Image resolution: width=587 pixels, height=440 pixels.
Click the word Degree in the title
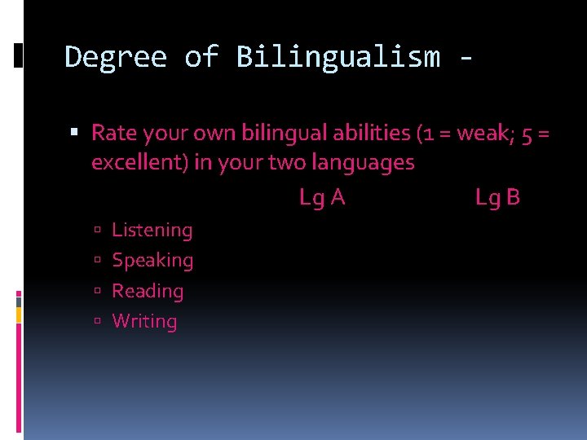coord(115,57)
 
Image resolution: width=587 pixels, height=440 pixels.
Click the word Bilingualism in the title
coord(338,57)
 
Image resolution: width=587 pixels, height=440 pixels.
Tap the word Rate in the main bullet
coord(113,132)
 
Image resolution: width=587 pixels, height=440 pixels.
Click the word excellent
coord(139,162)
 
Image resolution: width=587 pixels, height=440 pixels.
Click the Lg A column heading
coord(322,197)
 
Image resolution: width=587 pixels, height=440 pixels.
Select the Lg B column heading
coord(497,197)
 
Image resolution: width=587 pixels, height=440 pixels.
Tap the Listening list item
coord(152,230)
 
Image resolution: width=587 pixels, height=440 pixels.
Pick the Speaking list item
coord(152,260)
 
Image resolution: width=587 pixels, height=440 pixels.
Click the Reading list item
coord(148,291)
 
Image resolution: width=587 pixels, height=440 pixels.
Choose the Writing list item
coord(144,321)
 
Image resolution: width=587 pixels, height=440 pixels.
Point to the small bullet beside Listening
coord(96,231)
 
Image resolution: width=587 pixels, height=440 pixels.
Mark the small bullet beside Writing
coord(96,322)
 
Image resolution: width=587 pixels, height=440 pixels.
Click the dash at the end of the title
coord(465,59)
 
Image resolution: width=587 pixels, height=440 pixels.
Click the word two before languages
coord(287,162)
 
